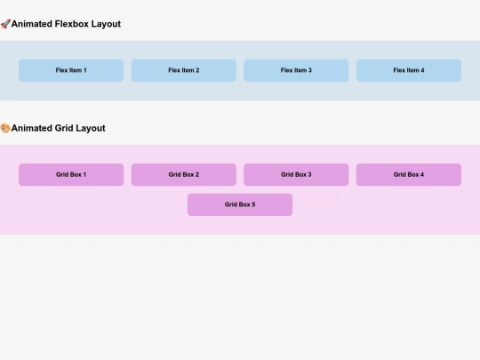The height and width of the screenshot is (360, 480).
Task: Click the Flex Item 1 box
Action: (71, 70)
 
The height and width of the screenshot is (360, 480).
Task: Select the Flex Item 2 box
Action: (183, 70)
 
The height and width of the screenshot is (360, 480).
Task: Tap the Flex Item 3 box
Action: (296, 70)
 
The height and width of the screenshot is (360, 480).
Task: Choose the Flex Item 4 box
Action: (408, 70)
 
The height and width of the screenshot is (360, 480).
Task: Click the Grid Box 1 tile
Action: (71, 174)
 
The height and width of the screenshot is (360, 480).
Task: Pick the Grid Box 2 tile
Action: (183, 174)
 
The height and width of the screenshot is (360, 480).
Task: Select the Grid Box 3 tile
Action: (296, 174)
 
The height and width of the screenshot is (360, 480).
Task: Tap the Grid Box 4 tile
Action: (408, 174)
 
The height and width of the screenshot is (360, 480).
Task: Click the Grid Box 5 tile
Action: (239, 204)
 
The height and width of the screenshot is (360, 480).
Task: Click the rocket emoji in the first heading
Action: (5, 24)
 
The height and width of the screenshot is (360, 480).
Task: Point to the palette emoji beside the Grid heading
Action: (5, 128)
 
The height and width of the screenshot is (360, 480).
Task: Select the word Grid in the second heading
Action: (64, 128)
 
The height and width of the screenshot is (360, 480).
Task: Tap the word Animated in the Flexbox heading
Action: (32, 24)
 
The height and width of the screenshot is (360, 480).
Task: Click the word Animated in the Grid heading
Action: (32, 128)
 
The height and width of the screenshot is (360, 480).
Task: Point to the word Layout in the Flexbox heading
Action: (106, 24)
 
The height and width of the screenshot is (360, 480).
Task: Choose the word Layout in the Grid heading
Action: (91, 128)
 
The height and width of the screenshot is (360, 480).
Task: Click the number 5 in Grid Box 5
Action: (253, 204)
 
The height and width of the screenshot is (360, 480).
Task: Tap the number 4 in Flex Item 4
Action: (422, 70)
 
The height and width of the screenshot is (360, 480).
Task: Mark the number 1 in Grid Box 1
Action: (84, 174)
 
